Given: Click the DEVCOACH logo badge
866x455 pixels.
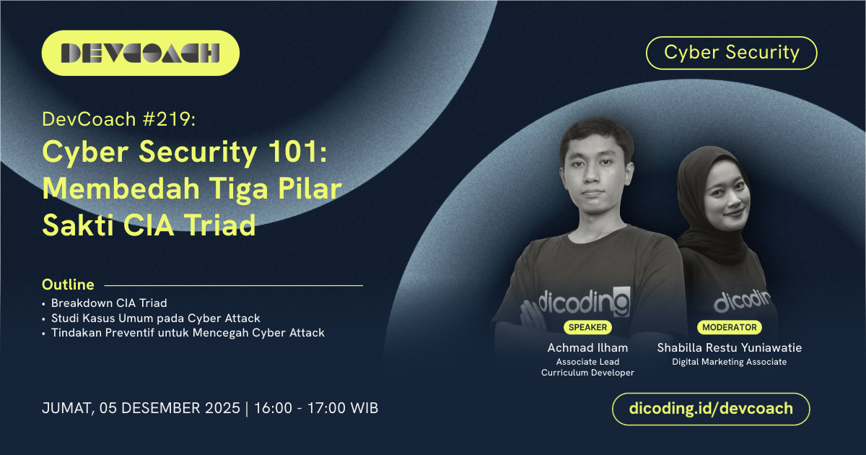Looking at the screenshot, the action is [140, 53].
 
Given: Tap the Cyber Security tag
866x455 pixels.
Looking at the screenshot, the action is [732, 53].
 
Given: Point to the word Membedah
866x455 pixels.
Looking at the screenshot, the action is [121, 188].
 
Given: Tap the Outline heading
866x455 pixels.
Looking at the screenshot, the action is [68, 285].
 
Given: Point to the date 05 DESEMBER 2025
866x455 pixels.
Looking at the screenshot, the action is [170, 408].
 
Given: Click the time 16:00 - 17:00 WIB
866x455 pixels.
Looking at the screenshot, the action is [316, 408].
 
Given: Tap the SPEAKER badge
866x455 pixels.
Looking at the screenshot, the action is [587, 327].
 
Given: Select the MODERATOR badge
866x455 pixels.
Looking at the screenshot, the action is [730, 327].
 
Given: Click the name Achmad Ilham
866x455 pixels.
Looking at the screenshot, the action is [587, 348].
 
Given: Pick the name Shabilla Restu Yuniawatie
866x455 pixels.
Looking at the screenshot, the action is [730, 348].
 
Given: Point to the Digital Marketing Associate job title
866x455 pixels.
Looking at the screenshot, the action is [730, 362].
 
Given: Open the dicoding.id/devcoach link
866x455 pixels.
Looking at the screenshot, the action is [711, 409].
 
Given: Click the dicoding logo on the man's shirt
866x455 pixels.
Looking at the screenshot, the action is [584, 302].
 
